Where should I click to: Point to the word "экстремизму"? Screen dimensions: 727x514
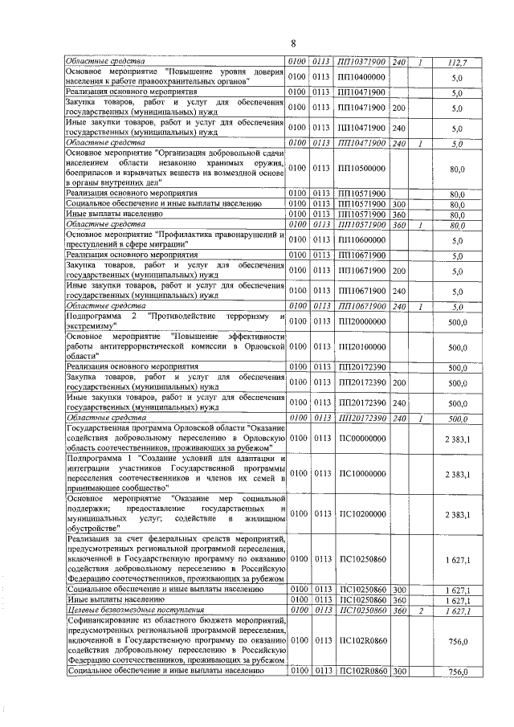(91, 328)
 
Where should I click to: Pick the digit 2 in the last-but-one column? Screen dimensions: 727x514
(421, 611)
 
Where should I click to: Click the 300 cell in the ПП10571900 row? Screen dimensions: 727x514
(399, 205)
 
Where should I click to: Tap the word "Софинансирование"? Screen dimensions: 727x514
(108, 623)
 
